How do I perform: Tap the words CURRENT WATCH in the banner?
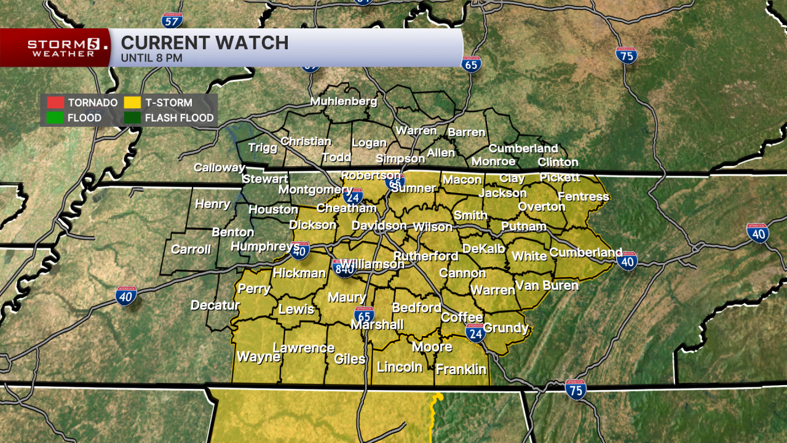click(205, 42)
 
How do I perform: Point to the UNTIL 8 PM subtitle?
click(151, 58)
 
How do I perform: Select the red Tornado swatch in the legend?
click(55, 103)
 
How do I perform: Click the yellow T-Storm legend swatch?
click(132, 103)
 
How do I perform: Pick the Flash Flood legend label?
click(179, 118)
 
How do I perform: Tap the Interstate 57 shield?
click(172, 20)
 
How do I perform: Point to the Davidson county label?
click(379, 226)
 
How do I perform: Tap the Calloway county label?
click(219, 167)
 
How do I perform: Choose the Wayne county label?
click(258, 357)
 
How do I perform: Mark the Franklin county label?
click(461, 370)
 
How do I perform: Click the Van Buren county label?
click(547, 285)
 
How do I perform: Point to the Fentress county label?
click(583, 196)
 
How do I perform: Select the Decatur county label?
click(215, 305)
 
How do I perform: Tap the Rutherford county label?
click(425, 256)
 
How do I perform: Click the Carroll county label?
click(191, 249)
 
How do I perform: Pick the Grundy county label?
click(505, 327)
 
